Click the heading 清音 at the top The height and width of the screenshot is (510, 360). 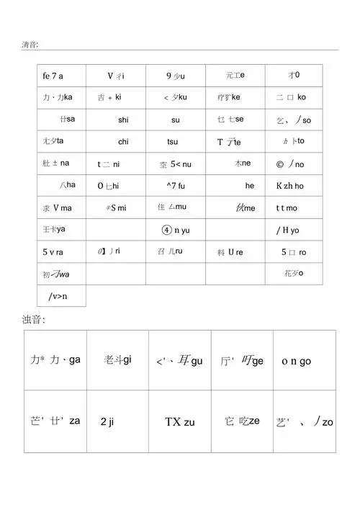pyautogui.click(x=30, y=45)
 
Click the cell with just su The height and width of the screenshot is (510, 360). pyautogui.click(x=176, y=120)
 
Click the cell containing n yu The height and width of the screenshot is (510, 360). pyautogui.click(x=176, y=231)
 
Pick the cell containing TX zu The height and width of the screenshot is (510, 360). pyautogui.click(x=180, y=422)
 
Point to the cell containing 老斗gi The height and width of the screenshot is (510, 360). pyautogui.click(x=117, y=360)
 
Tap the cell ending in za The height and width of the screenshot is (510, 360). pyautogui.click(x=55, y=421)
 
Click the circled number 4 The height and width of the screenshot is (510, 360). pyautogui.click(x=166, y=231)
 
